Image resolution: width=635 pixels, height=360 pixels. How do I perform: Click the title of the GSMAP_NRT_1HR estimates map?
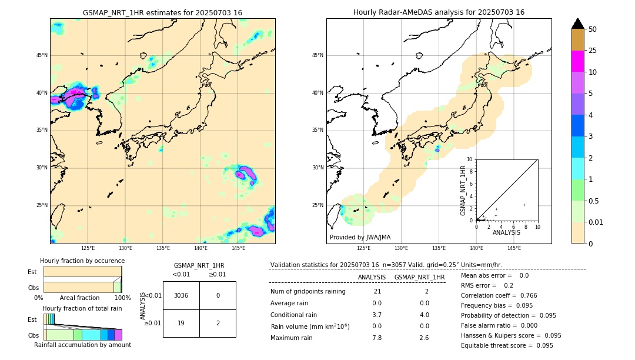pos(162,12)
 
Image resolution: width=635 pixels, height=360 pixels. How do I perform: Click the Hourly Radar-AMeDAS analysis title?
pos(439,12)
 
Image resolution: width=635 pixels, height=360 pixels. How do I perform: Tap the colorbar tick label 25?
pos(593,51)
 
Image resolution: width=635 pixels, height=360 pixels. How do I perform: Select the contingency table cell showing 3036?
pos(181,295)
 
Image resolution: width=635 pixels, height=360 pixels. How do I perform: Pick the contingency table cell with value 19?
pos(181,323)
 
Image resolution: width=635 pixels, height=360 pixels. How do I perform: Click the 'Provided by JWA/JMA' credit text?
pos(360,237)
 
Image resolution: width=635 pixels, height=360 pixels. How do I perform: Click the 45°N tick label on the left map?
pos(42,55)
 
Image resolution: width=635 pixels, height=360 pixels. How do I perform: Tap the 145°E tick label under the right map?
pos(514,248)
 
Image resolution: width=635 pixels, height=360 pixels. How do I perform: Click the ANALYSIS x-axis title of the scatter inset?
pos(506,233)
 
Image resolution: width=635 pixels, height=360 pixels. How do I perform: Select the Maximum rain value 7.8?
pos(377,338)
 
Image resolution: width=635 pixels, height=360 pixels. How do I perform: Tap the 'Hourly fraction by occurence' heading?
pos(82,261)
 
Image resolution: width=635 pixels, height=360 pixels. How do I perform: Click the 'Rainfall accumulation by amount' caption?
pos(83,345)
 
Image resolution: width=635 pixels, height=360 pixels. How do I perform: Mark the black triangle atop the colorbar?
pos(578,24)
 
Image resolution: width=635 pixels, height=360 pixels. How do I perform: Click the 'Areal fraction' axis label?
pos(80,298)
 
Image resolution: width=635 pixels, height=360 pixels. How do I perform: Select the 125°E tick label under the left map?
pos(88,248)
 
